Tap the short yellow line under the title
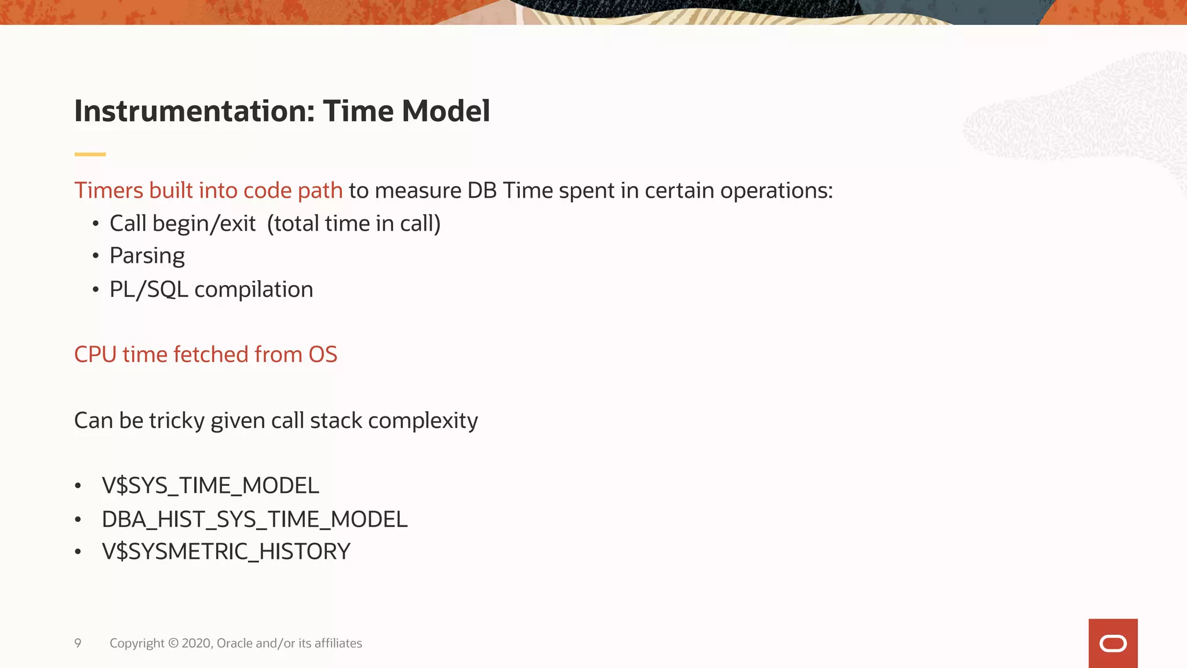click(90, 154)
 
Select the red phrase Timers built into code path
click(208, 191)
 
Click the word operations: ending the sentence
click(776, 191)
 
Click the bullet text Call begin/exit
click(182, 224)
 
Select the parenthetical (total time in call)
click(354, 224)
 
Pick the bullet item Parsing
click(147, 256)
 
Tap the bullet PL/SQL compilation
click(211, 289)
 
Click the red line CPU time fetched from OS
click(205, 354)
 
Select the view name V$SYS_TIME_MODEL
click(210, 485)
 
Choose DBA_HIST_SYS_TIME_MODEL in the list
click(254, 519)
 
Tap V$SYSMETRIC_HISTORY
click(226, 551)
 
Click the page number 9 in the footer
click(78, 643)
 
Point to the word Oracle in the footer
click(234, 643)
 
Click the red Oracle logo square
click(1112, 643)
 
